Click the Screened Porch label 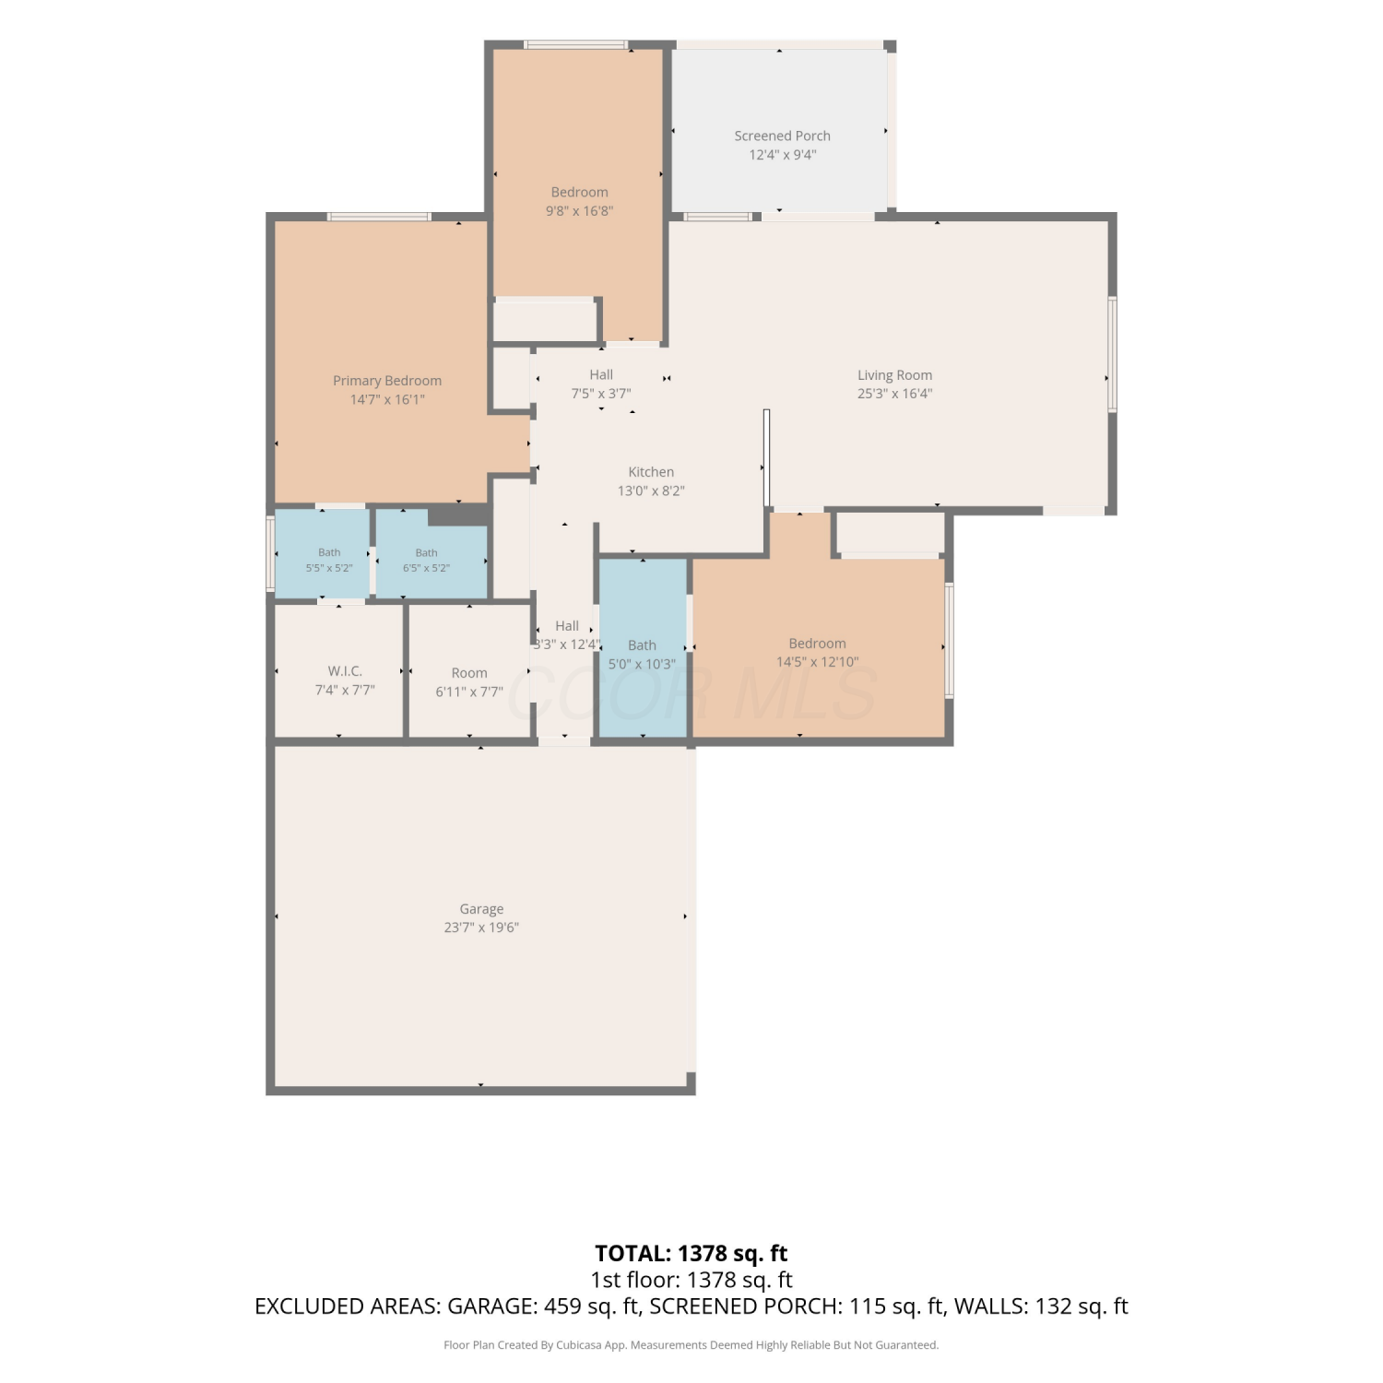[782, 136]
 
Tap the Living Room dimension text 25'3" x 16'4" [894, 394]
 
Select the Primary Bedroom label [387, 381]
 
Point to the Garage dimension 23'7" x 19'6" [481, 928]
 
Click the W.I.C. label [345, 671]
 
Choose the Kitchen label [651, 472]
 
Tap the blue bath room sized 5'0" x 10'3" [643, 647]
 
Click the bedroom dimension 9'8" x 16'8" [579, 211]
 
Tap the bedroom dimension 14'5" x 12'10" [817, 662]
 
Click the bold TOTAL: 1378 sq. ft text [691, 1254]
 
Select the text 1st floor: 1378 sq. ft [691, 1280]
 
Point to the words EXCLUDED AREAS [347, 1306]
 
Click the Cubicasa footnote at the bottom [691, 1345]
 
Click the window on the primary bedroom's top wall [379, 217]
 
